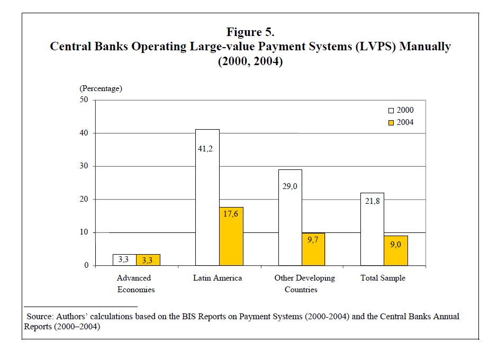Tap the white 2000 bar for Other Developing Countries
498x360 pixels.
(290, 217)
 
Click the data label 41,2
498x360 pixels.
(207, 149)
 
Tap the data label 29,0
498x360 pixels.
(290, 186)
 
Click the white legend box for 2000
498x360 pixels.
(391, 111)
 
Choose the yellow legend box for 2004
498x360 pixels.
(391, 122)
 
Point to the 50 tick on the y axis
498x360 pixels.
(85, 100)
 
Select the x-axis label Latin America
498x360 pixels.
(218, 278)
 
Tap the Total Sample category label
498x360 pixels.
(383, 278)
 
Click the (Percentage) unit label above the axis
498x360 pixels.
(101, 88)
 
